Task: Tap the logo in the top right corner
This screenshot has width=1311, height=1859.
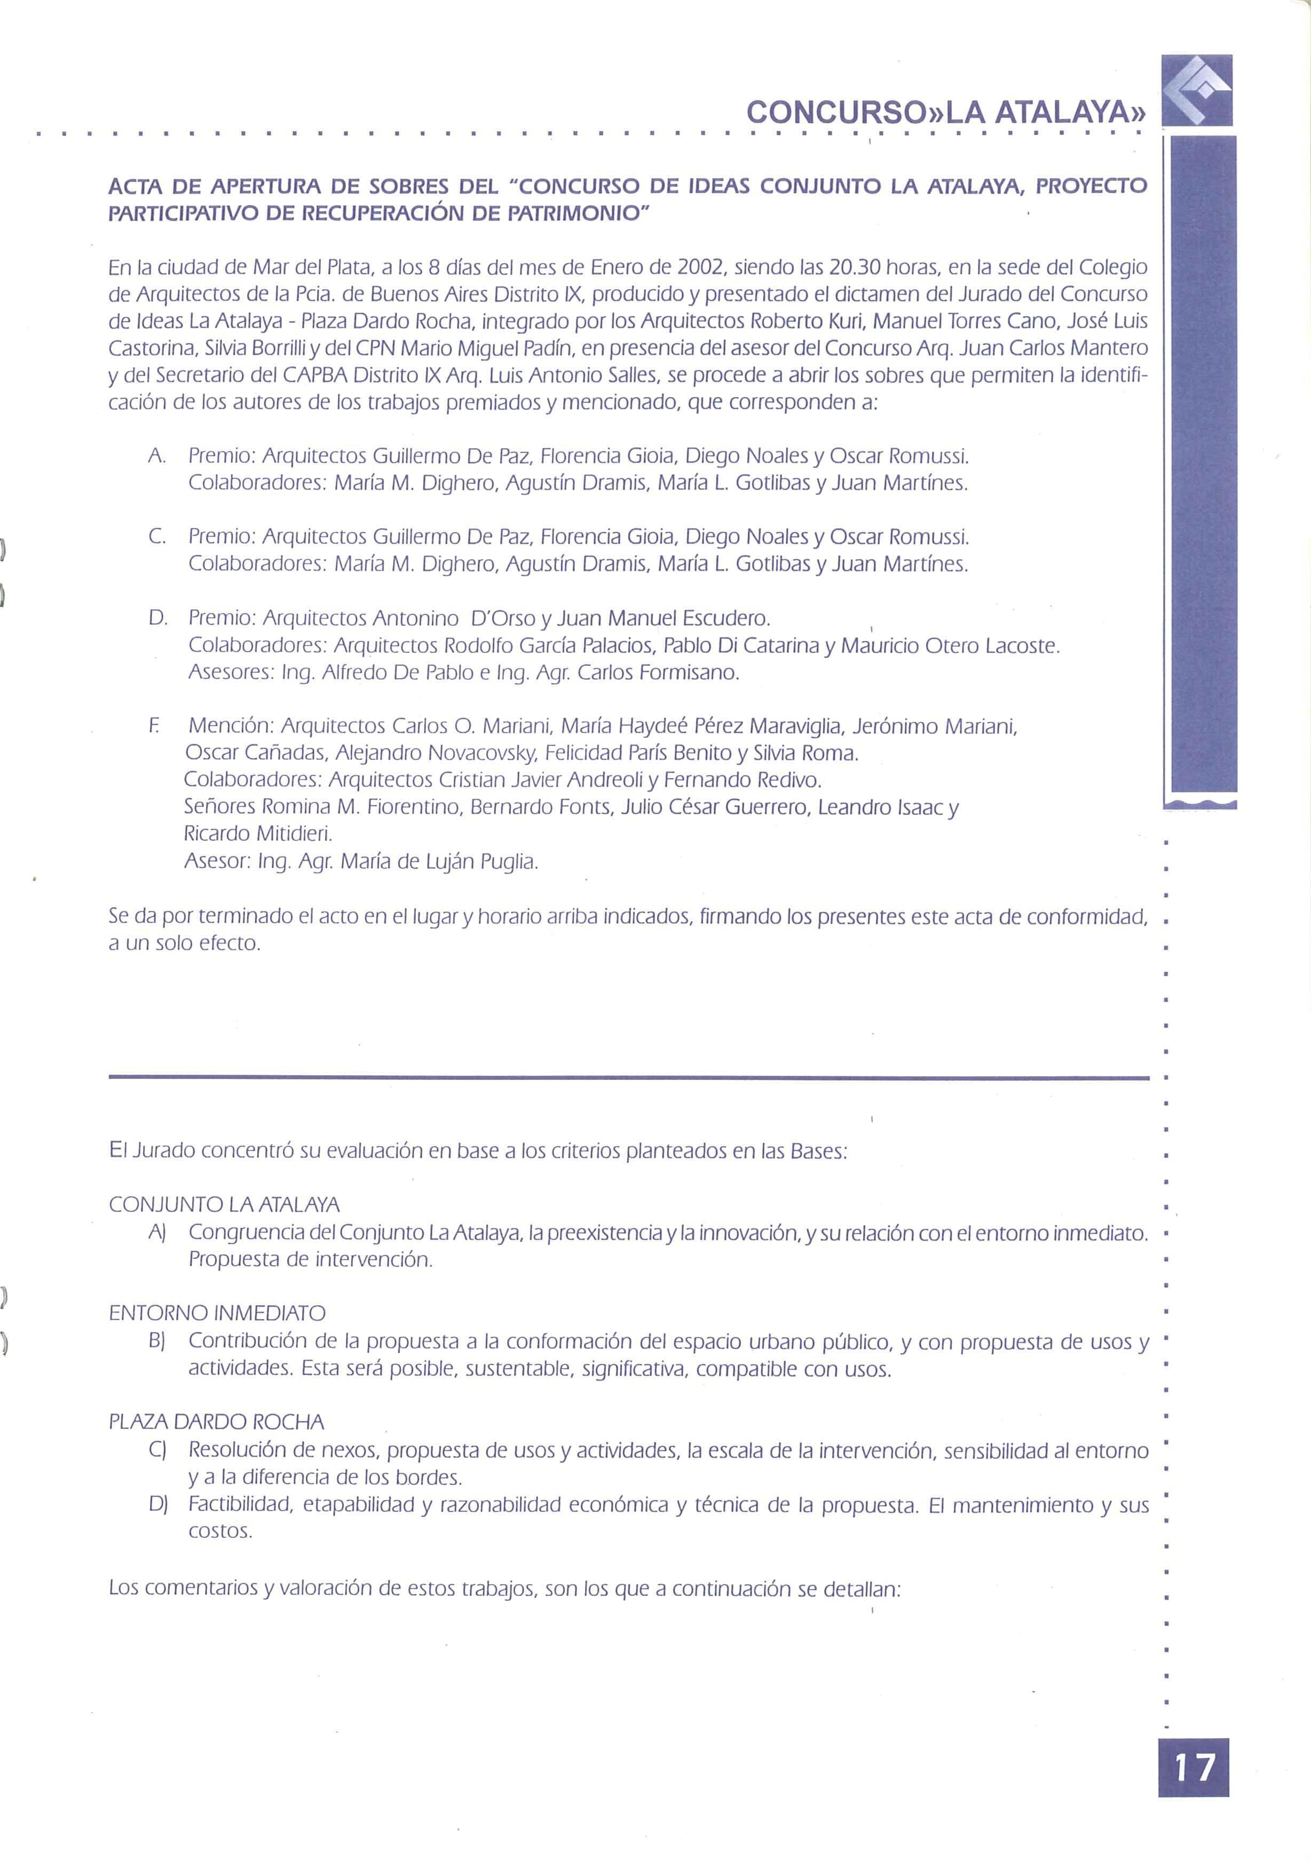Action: [1196, 90]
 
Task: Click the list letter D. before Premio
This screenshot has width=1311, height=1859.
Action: [158, 618]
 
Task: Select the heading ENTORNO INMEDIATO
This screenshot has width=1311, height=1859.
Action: [217, 1313]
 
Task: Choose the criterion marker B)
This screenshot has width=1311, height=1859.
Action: [157, 1341]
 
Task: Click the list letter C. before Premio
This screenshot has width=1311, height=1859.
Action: [158, 537]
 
